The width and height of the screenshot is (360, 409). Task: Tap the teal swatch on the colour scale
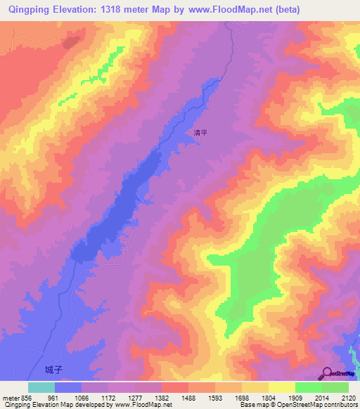pos(41,387)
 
